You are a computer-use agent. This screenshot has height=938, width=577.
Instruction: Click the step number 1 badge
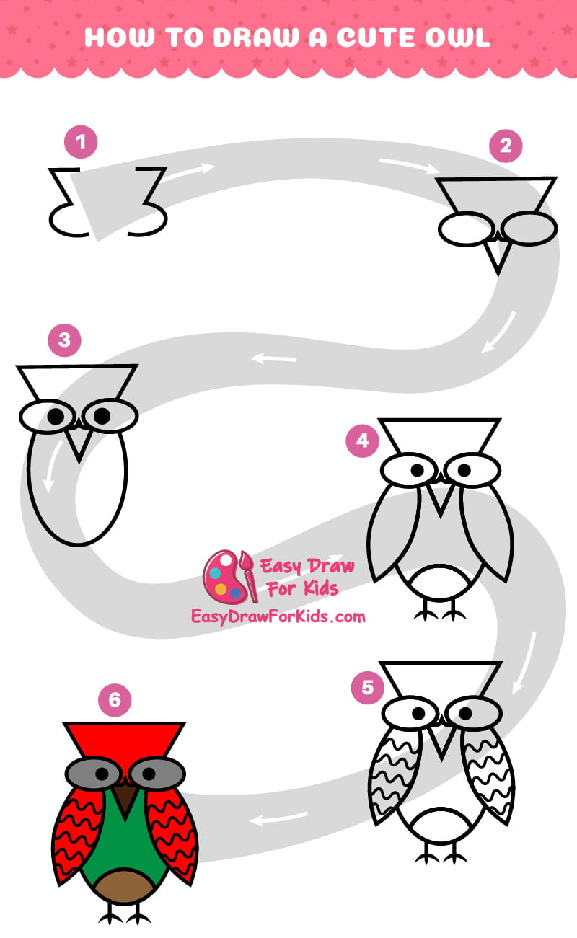pos(81,142)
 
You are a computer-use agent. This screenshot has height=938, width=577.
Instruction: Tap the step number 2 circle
pos(506,146)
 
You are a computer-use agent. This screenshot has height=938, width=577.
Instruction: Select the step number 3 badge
pos(65,340)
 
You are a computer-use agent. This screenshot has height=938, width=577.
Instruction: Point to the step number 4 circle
pos(363,441)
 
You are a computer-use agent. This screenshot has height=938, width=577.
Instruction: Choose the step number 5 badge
pos(368,687)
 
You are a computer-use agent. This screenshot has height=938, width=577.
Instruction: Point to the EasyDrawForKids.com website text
pos(278,616)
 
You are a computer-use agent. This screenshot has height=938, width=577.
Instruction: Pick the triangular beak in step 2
pos(496,255)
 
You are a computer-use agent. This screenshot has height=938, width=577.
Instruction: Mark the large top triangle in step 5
pos(441,678)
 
